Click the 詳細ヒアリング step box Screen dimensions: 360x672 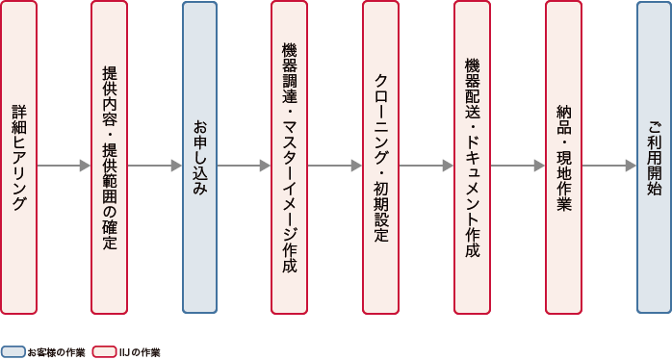pos(19,157)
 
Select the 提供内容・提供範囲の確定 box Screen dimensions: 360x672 pos(109,157)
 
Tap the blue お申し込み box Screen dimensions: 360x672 pos(199,157)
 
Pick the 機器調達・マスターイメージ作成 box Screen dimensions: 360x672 pos(290,157)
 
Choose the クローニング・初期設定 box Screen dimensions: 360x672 pos(380,157)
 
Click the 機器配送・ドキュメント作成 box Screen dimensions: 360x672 pos(472,157)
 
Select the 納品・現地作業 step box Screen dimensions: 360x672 pos(563,157)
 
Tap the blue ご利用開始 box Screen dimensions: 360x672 pos(654,157)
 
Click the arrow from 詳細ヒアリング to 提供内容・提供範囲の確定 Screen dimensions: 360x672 pos(64,166)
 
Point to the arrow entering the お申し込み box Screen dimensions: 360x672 pos(154,166)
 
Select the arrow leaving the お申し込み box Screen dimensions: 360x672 pos(245,166)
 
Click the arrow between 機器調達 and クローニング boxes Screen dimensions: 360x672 pos(335,166)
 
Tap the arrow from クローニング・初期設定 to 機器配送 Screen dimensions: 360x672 pos(426,166)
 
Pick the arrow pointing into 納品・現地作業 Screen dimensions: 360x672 pos(517,166)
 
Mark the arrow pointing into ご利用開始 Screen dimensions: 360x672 pos(608,166)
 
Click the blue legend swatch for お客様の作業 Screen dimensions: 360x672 pos(13,352)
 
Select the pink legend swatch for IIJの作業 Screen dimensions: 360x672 pos(104,352)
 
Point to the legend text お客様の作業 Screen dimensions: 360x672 pos(56,352)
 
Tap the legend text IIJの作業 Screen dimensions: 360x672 pos(140,352)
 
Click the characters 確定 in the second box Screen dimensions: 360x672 pos(109,236)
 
